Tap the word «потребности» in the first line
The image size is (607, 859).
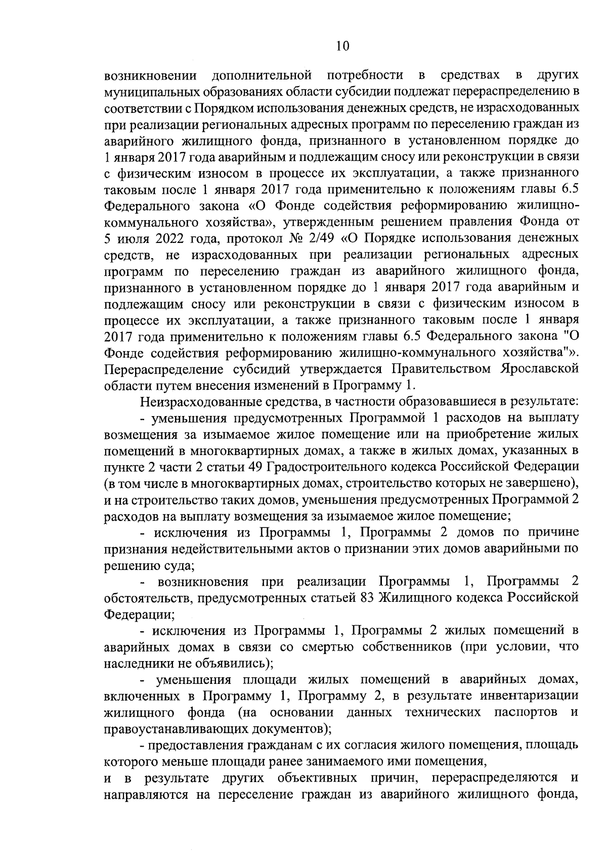tap(365, 76)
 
